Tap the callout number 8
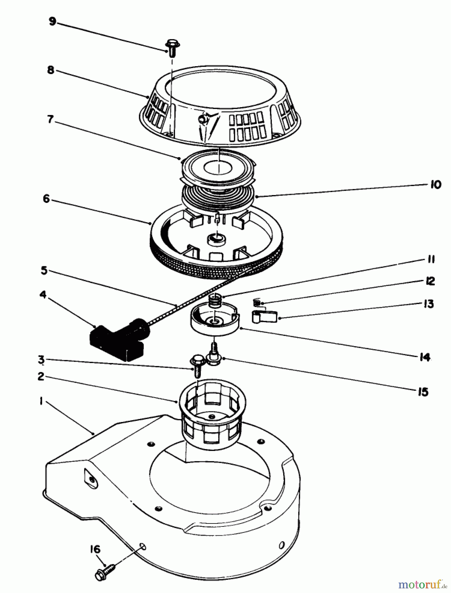(x=50, y=70)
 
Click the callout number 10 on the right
(x=436, y=185)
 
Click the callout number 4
(x=43, y=294)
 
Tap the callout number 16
(x=95, y=550)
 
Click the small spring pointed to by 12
(x=257, y=302)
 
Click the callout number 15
(x=423, y=392)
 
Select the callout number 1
(x=41, y=402)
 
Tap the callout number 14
(x=425, y=357)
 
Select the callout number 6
(x=46, y=199)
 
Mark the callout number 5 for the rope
(x=44, y=271)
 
